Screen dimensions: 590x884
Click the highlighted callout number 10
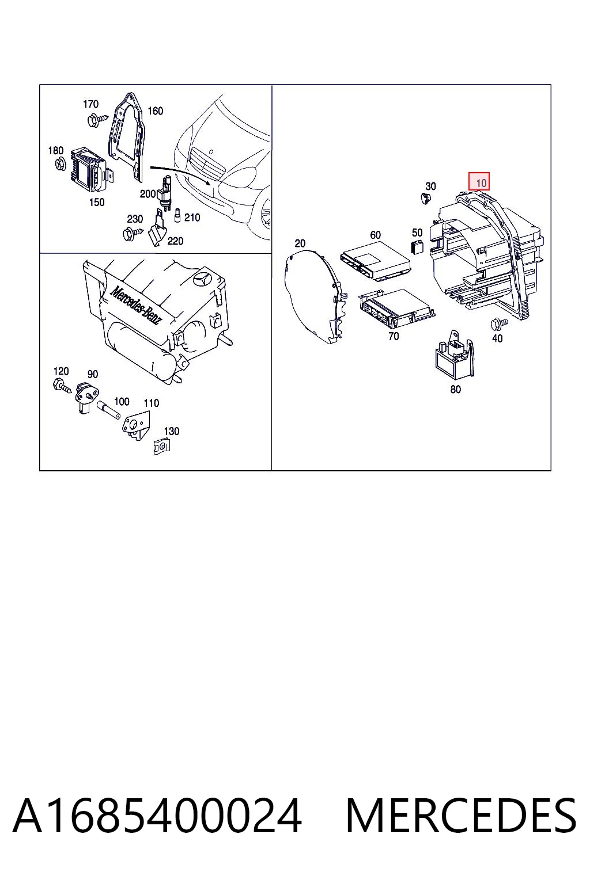(x=479, y=182)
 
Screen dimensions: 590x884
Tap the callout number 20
(x=300, y=243)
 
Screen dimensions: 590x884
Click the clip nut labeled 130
(x=162, y=447)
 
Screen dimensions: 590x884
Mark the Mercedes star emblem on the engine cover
(x=203, y=281)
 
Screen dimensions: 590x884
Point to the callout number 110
(x=151, y=403)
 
